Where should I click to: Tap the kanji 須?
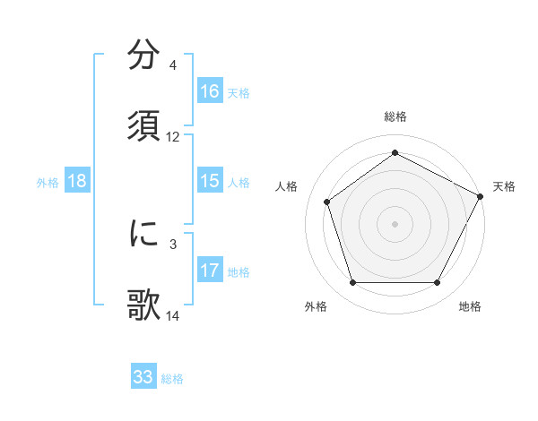[x=143, y=126]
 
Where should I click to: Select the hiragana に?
[x=143, y=234]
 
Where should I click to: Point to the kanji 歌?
[x=143, y=305]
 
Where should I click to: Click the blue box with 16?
[x=210, y=91]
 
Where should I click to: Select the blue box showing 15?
[x=210, y=181]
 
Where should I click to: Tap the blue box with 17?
[x=210, y=271]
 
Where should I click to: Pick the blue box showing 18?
[x=77, y=181]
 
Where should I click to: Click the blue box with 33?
[x=143, y=377]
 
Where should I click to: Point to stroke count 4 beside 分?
[x=172, y=65]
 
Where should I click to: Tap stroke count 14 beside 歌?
[x=173, y=315]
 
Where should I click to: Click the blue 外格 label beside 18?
[x=48, y=182]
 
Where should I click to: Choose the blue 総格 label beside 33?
[x=172, y=378]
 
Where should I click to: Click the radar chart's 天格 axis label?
[x=504, y=186]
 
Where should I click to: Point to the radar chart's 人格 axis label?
[x=286, y=186]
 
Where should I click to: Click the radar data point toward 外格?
[x=352, y=283]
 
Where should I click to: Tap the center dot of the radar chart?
[x=395, y=223]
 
